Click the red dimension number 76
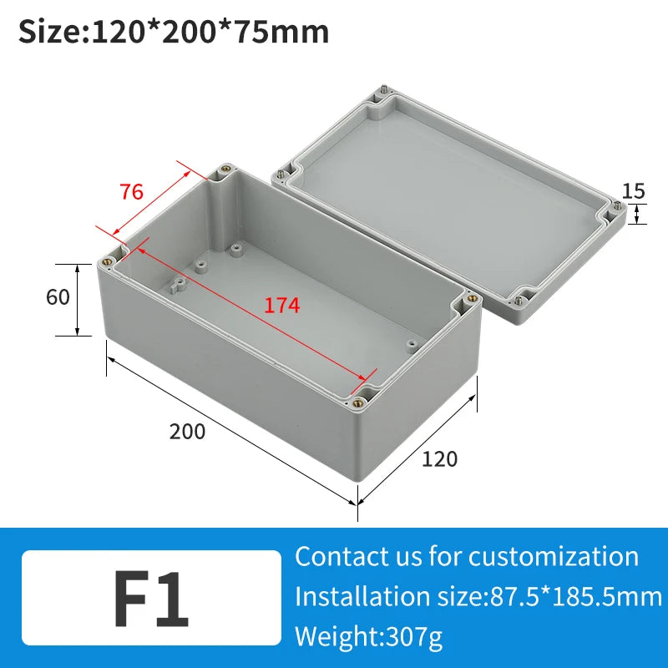[x=131, y=191]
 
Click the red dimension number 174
[x=281, y=306]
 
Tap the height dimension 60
[x=58, y=296]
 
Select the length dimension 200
[x=187, y=432]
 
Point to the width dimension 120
[x=439, y=458]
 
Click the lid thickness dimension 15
[x=634, y=191]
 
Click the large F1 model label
[x=151, y=600]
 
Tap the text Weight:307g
[x=369, y=638]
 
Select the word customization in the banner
[x=553, y=556]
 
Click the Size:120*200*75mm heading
[x=174, y=32]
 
